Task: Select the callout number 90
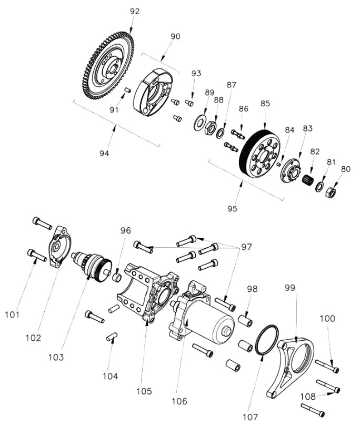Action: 175,36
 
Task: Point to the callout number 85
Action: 265,104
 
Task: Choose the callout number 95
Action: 233,208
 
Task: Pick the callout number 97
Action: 247,247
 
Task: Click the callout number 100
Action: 327,319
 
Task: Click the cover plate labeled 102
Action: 61,248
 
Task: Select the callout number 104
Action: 111,376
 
